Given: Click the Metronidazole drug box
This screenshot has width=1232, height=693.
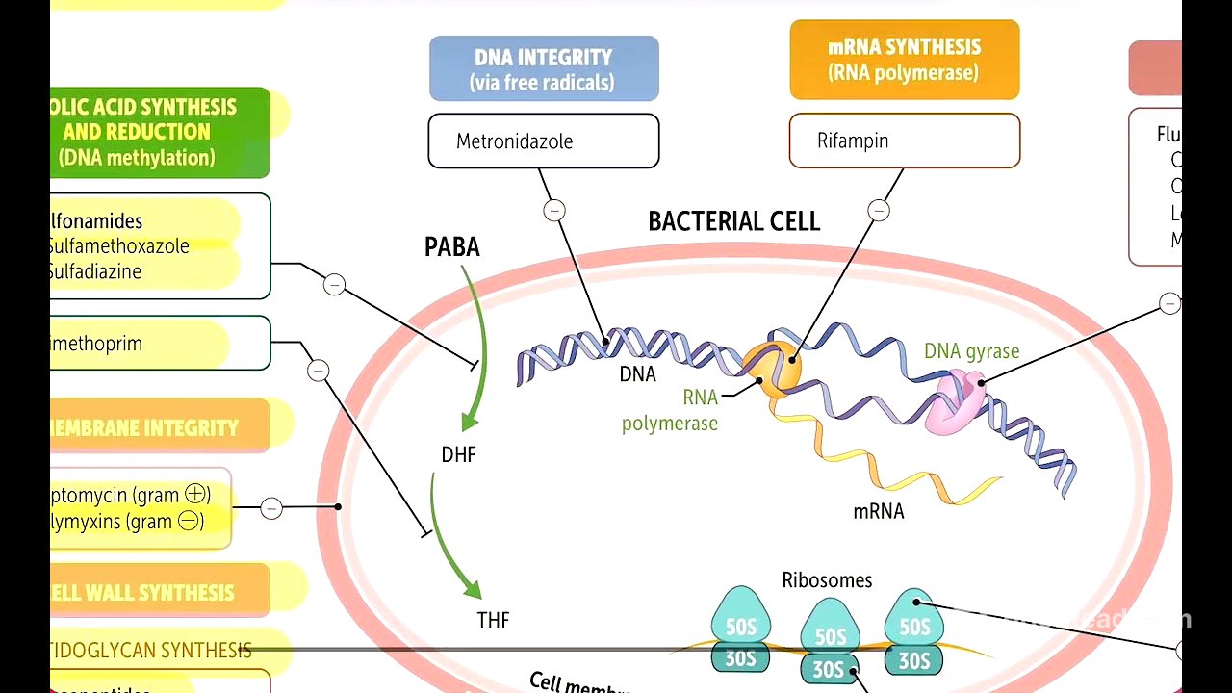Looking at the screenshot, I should [543, 141].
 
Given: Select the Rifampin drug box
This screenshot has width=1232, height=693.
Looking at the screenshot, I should [904, 141].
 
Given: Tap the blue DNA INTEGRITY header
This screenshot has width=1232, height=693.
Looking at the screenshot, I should [544, 68].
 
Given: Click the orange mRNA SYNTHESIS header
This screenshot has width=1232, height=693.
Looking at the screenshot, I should [904, 60].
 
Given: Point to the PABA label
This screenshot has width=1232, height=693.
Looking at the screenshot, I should [451, 247].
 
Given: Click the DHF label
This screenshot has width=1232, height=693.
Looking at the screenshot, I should [458, 454].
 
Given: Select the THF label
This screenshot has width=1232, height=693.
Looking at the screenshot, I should [493, 620].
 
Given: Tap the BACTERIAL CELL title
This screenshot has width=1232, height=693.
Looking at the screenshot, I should [733, 222].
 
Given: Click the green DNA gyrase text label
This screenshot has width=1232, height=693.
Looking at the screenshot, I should [971, 351].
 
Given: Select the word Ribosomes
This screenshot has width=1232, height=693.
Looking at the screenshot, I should [827, 580].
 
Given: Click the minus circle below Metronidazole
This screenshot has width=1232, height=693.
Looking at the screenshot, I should [554, 210].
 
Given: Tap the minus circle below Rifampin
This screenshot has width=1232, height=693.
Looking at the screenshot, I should [878, 210].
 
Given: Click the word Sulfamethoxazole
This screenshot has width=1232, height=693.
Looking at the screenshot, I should [119, 246].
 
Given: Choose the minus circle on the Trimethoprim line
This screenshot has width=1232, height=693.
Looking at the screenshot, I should [318, 371].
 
